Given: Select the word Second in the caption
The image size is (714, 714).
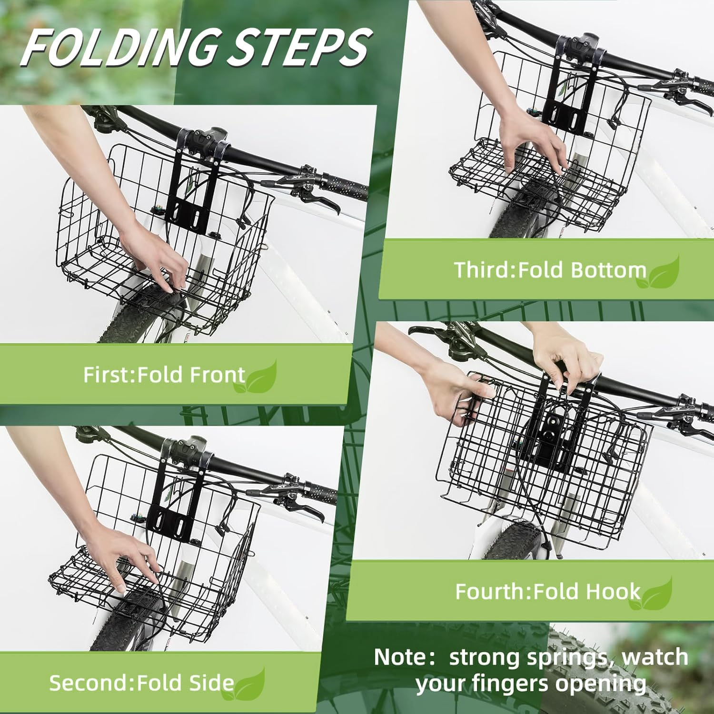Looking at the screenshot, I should (89, 683).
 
